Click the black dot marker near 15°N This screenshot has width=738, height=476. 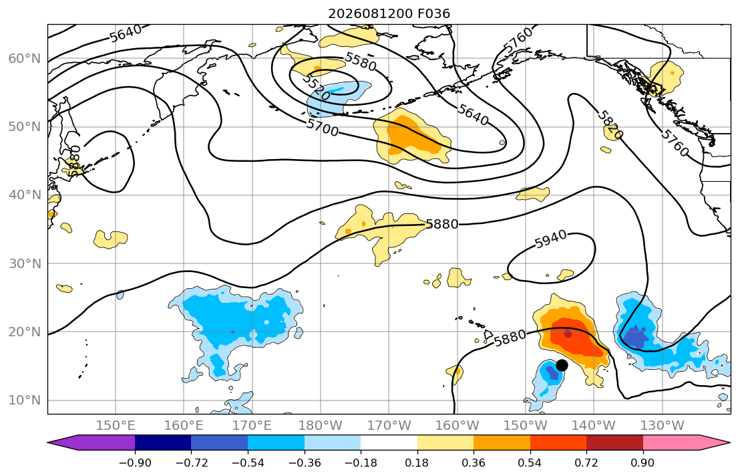[x=562, y=365]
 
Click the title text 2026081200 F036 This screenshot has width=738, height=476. [x=389, y=13]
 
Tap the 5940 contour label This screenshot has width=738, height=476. [x=551, y=241]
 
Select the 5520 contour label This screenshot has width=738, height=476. [x=317, y=87]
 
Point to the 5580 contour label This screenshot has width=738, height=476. [x=361, y=62]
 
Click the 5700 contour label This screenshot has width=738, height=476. [x=323, y=127]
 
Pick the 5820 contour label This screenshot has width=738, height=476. [x=610, y=124]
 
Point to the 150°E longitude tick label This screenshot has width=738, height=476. [x=116, y=426]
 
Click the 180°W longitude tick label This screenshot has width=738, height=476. [x=321, y=426]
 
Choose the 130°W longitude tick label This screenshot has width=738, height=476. [x=663, y=426]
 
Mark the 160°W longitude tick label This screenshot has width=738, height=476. [x=457, y=426]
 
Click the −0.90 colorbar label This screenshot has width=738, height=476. [x=135, y=463]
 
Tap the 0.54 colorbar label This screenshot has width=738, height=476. [x=530, y=463]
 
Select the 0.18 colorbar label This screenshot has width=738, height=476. [x=417, y=463]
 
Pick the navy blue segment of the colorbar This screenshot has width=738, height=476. [x=163, y=443]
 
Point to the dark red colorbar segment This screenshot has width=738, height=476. [x=614, y=443]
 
